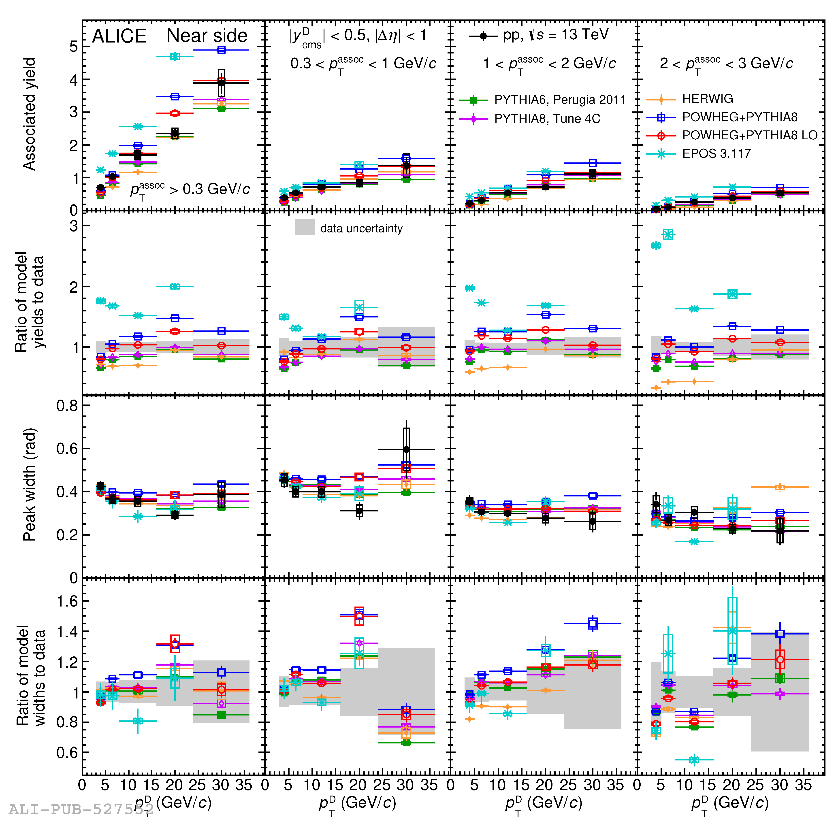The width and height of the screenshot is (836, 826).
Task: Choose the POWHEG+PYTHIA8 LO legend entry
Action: (749, 135)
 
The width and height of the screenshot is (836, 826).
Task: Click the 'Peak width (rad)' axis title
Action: (29, 485)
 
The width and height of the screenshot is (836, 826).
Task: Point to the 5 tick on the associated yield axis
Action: (74, 47)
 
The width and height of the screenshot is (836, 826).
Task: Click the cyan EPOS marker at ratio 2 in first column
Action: (175, 286)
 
